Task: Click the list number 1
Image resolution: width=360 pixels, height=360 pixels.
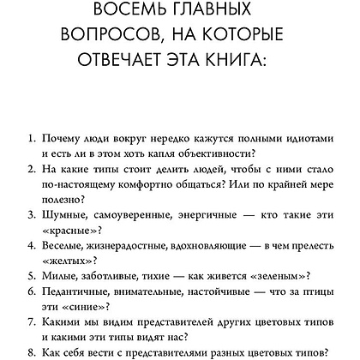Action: (x=30, y=137)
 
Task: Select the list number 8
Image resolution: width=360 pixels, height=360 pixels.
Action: (x=30, y=351)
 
